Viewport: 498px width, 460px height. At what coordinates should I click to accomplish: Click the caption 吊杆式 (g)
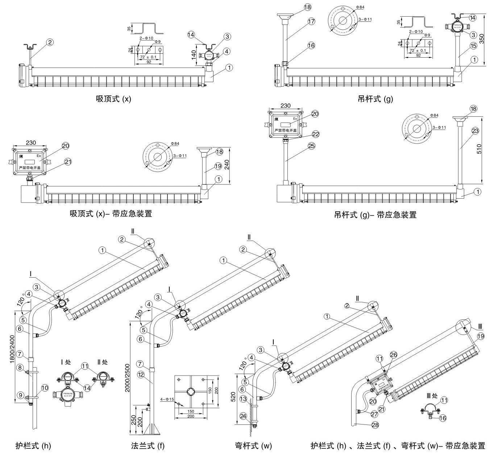(x=375, y=99)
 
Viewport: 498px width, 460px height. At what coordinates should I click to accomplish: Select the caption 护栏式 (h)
(x=33, y=446)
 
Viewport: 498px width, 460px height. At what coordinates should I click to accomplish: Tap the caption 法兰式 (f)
(x=148, y=446)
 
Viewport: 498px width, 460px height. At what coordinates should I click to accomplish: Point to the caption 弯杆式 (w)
(x=253, y=446)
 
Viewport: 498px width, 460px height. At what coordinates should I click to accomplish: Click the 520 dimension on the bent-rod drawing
(x=234, y=398)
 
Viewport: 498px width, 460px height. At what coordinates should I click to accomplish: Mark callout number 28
(x=375, y=425)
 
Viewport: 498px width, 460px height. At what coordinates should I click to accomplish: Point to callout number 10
(x=45, y=388)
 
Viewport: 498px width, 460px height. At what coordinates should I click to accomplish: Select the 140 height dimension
(x=194, y=54)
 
